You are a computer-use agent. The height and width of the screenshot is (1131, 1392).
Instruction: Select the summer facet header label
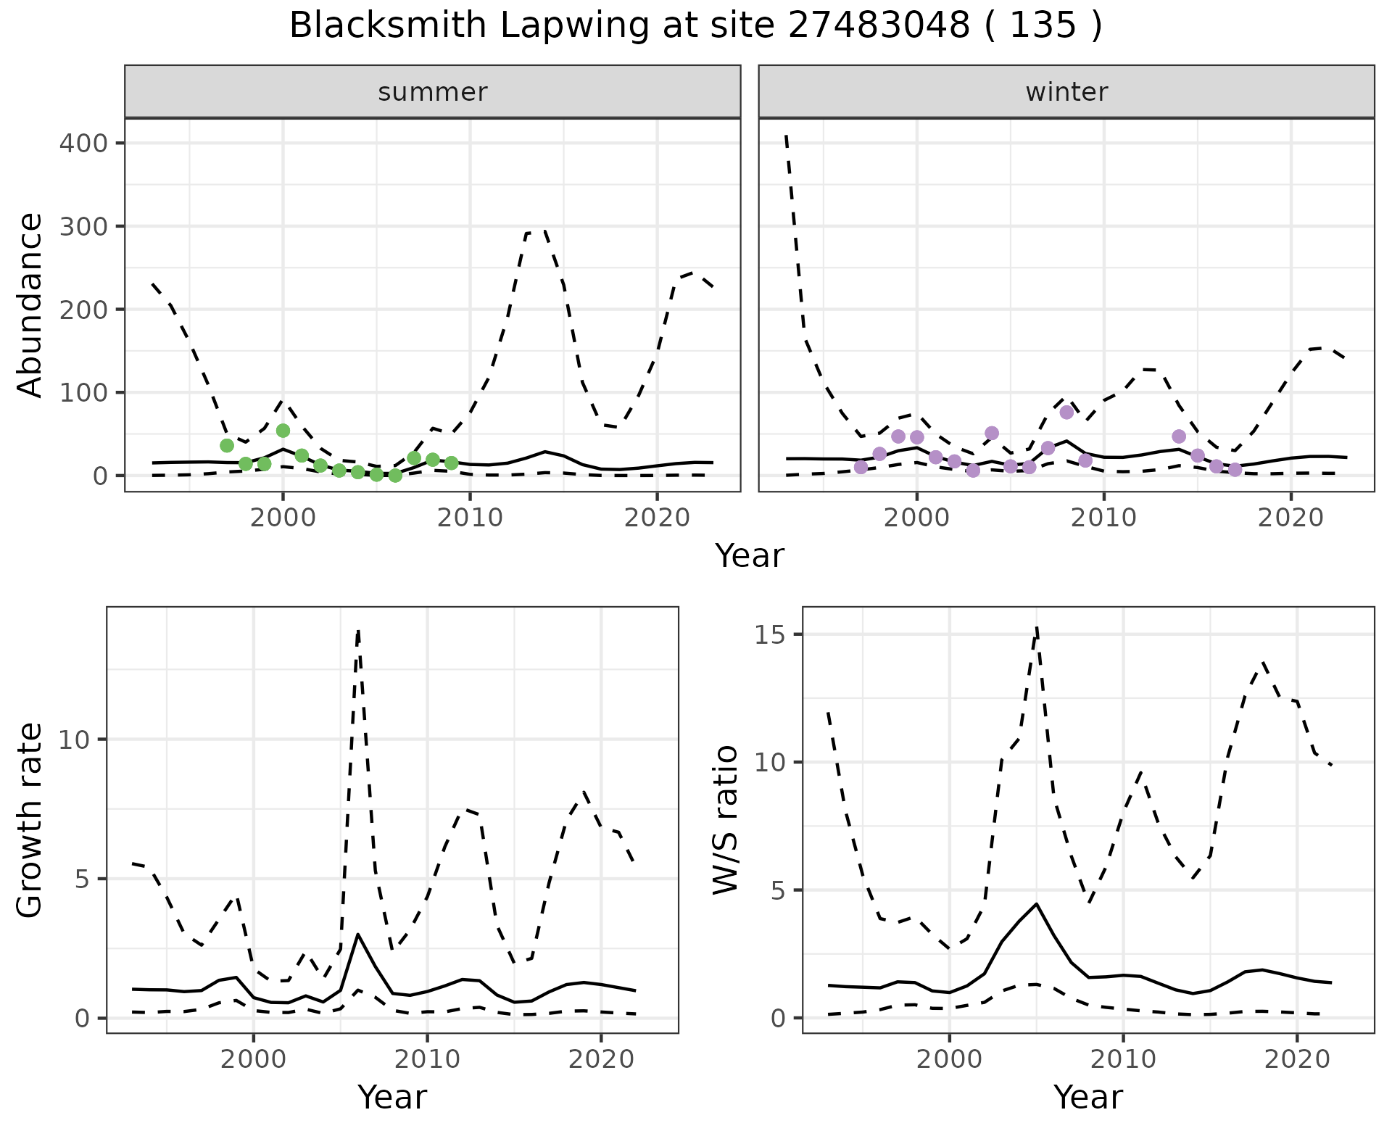[x=432, y=92]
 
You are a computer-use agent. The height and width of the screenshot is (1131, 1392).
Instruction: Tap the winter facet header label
[x=1066, y=92]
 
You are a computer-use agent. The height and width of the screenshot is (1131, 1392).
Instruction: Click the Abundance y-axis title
[x=30, y=305]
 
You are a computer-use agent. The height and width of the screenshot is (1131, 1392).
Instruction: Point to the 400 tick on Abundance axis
[x=83, y=143]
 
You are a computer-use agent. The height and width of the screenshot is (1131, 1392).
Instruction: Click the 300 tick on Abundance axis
[x=83, y=226]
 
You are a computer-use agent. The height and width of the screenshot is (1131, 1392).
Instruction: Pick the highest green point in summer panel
[x=283, y=431]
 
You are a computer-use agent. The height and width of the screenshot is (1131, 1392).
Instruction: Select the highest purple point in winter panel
[x=1066, y=413]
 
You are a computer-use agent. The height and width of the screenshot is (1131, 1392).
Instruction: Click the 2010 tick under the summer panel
[x=470, y=518]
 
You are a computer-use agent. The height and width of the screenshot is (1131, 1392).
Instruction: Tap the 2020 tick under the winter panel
[x=1290, y=518]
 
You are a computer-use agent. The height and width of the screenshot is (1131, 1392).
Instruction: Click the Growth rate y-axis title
[x=30, y=819]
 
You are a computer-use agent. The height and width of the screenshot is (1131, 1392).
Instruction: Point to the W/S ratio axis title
[x=725, y=819]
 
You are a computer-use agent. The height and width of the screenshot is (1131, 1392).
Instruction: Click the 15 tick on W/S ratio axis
[x=773, y=634]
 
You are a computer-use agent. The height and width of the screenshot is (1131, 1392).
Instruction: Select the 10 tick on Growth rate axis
[x=77, y=739]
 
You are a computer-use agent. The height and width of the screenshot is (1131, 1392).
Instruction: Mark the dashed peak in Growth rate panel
[x=358, y=631]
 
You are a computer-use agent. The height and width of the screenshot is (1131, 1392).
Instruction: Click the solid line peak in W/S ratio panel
[x=1036, y=904]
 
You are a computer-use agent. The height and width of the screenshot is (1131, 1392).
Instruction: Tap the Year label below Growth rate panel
[x=392, y=1097]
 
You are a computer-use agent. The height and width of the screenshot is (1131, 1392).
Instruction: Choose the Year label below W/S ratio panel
[x=1087, y=1097]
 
